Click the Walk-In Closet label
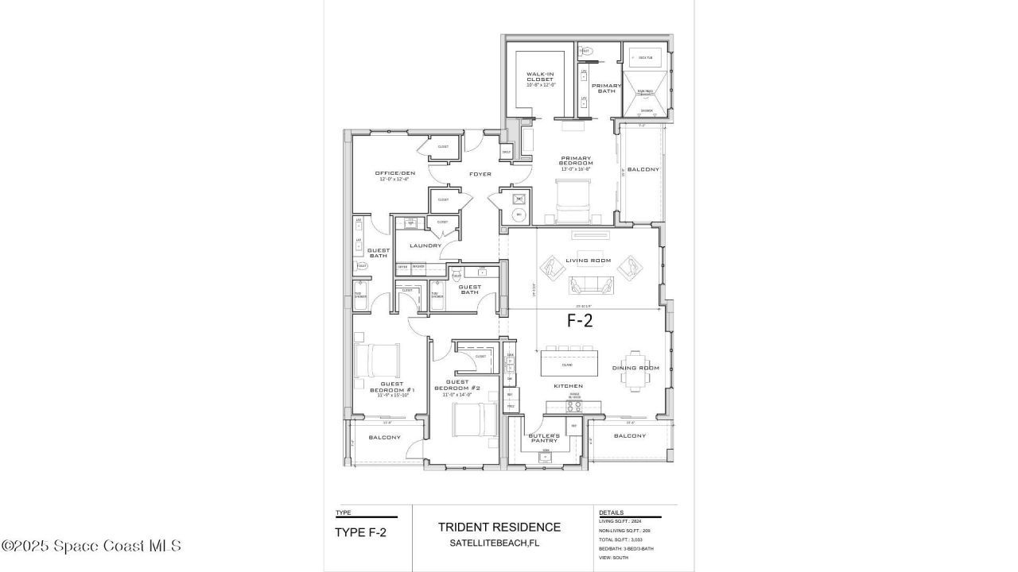pyautogui.click(x=540, y=79)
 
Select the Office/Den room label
pyautogui.click(x=395, y=176)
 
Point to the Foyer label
pyautogui.click(x=480, y=174)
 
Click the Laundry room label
pyautogui.click(x=425, y=245)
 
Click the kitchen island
pyautogui.click(x=569, y=364)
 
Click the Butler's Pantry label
pyautogui.click(x=545, y=438)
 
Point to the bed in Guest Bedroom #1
pyautogui.click(x=376, y=361)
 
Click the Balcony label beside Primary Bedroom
pyautogui.click(x=643, y=170)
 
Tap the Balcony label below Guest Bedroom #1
pyautogui.click(x=385, y=438)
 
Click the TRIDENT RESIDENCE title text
pyautogui.click(x=499, y=527)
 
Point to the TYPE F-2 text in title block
pyautogui.click(x=361, y=532)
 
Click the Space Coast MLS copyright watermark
pyautogui.click(x=91, y=546)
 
